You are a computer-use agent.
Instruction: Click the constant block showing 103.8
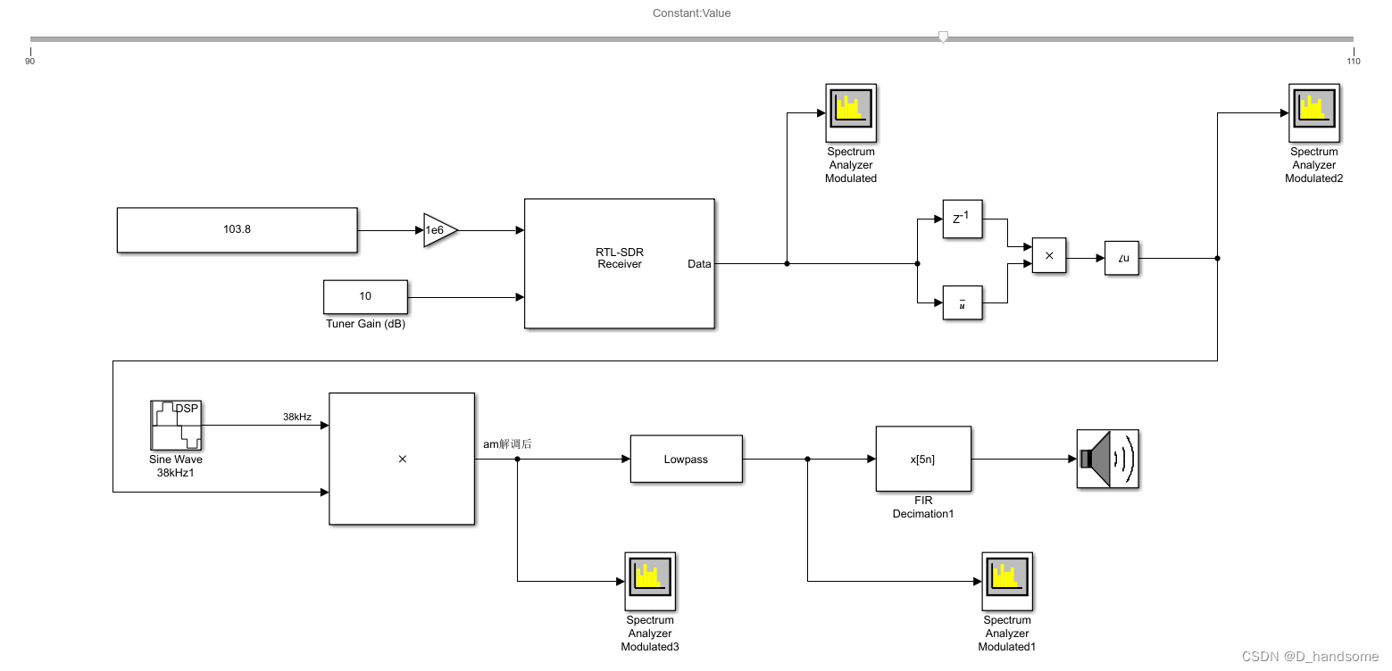(x=237, y=229)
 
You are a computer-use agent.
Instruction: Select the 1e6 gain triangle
(x=438, y=230)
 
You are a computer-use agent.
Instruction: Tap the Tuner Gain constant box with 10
(x=365, y=296)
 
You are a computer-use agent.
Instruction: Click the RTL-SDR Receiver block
(x=619, y=263)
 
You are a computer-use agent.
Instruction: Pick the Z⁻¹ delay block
(x=962, y=219)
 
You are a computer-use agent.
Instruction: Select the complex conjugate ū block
(x=962, y=303)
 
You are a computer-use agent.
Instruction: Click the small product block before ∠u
(x=1049, y=256)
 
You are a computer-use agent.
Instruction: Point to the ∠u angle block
(x=1122, y=258)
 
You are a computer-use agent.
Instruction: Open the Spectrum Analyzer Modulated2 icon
(x=1313, y=113)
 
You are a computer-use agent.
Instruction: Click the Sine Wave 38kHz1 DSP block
(x=176, y=426)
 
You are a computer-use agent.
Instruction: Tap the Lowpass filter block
(x=686, y=459)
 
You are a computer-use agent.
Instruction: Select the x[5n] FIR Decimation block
(x=922, y=459)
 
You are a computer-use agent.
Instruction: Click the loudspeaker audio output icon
(x=1107, y=459)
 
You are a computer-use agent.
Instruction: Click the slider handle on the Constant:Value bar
(x=943, y=37)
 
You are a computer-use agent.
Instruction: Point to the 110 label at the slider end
(x=1353, y=61)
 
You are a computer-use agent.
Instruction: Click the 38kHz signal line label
(x=296, y=417)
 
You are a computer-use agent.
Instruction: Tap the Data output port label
(x=699, y=263)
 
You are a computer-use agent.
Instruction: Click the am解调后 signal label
(x=507, y=443)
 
